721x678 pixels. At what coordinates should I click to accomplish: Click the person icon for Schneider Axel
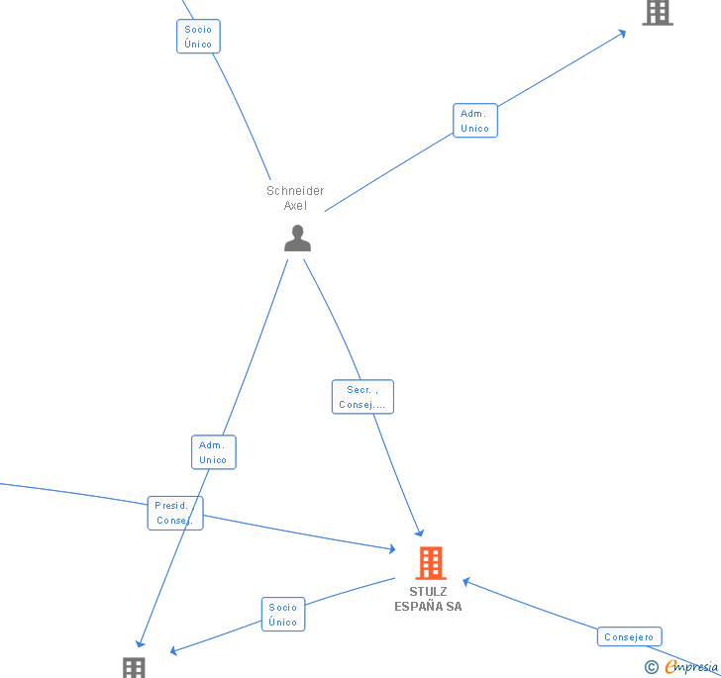(x=297, y=238)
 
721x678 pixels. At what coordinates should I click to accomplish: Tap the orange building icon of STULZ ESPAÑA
(x=430, y=563)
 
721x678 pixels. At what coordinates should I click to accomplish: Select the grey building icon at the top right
(x=657, y=12)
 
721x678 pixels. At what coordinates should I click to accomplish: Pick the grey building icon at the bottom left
(x=134, y=667)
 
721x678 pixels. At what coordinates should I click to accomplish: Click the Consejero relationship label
(x=629, y=636)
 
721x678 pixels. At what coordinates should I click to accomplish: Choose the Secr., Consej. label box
(x=362, y=397)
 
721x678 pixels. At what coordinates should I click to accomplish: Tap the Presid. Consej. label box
(x=175, y=513)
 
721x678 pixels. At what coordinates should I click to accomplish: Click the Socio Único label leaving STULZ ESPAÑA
(x=283, y=615)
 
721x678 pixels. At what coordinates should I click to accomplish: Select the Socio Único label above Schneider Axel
(x=198, y=37)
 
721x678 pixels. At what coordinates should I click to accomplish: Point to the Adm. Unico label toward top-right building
(x=475, y=121)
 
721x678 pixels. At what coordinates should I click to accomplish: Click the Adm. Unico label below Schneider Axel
(x=214, y=452)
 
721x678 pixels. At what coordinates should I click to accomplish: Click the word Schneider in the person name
(x=295, y=191)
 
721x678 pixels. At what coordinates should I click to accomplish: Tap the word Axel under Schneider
(x=295, y=206)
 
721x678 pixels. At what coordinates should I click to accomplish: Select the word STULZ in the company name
(x=428, y=592)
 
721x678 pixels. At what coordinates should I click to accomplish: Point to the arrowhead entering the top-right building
(x=622, y=33)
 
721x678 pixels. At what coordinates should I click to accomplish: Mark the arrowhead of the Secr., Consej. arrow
(x=420, y=533)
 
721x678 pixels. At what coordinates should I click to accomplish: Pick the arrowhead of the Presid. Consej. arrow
(x=392, y=548)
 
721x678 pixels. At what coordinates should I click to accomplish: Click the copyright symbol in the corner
(x=652, y=667)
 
